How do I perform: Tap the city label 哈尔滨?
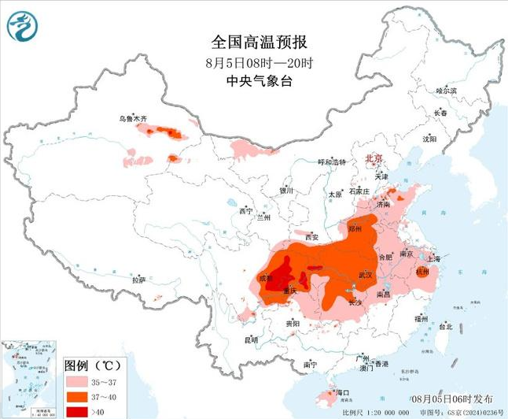click(x=446, y=91)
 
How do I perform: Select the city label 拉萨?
click(x=139, y=280)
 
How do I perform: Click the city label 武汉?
click(x=364, y=274)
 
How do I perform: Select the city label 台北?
click(x=445, y=325)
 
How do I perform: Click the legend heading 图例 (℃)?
click(x=90, y=365)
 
